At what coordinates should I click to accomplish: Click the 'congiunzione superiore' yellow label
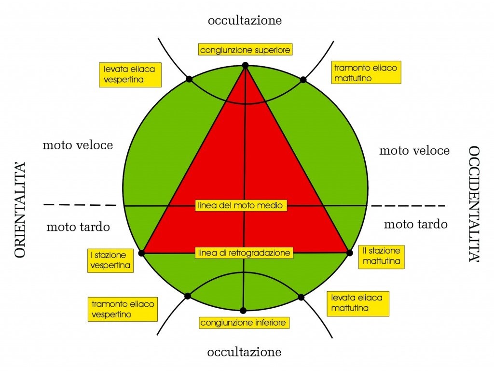(245, 50)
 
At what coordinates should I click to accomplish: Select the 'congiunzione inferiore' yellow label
(244, 323)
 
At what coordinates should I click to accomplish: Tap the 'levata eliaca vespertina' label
(130, 74)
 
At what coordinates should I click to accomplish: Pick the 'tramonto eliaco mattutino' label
(366, 72)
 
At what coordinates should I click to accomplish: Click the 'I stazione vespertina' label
(110, 260)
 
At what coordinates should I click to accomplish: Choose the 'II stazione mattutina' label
(381, 257)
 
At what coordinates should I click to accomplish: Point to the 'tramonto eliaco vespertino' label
(123, 310)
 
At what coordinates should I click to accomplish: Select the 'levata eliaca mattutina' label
(358, 303)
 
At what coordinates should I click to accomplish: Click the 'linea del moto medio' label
(241, 205)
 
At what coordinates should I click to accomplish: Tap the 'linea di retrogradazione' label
(244, 253)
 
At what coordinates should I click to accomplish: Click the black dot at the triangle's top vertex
(246, 65)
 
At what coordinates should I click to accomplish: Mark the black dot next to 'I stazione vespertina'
(141, 253)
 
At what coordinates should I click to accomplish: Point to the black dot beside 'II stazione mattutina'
(349, 253)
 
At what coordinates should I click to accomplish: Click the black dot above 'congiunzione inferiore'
(243, 311)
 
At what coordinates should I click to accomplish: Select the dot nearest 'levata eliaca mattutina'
(301, 297)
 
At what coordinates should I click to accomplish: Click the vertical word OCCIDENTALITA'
(474, 204)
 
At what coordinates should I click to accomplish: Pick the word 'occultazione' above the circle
(245, 20)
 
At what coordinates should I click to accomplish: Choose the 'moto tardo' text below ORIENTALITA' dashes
(78, 227)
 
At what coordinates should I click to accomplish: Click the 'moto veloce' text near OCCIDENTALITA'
(414, 151)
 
